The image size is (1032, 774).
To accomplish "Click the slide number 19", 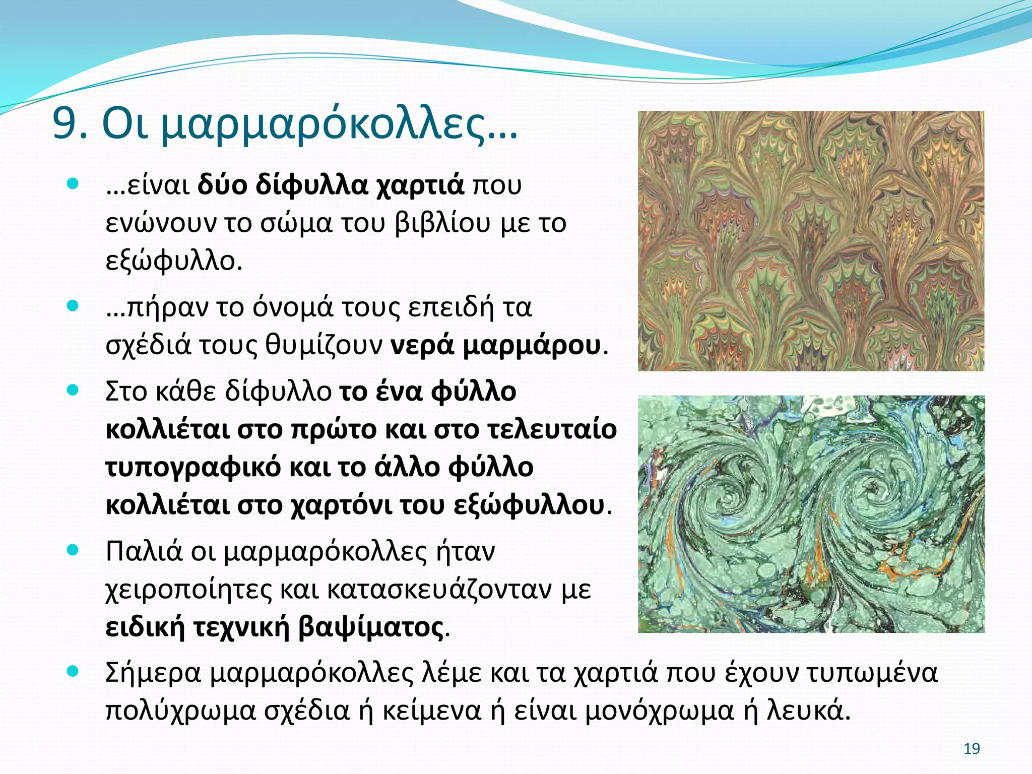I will click(x=971, y=749).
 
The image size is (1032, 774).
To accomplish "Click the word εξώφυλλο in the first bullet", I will click(x=173, y=261).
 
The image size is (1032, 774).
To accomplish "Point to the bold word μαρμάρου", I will click(x=532, y=345).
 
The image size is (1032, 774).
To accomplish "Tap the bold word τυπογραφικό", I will click(x=193, y=467).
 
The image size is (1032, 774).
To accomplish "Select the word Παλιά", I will click(x=144, y=551).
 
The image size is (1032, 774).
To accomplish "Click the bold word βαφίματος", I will click(x=370, y=627).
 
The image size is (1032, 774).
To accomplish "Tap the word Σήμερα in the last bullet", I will click(x=153, y=673).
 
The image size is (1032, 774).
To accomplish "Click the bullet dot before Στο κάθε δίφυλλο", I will click(x=74, y=390).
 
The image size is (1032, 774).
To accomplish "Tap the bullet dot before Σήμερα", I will click(x=74, y=671).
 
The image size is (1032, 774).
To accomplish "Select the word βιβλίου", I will click(x=442, y=223).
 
